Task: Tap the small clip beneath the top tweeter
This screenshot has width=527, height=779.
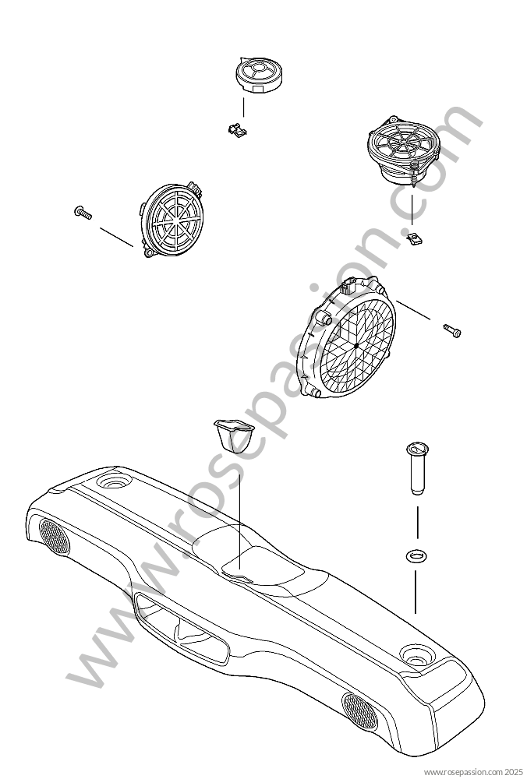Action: [x=237, y=131]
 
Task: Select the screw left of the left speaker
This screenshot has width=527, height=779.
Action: [x=83, y=213]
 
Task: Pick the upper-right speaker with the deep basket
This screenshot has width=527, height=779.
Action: [x=403, y=150]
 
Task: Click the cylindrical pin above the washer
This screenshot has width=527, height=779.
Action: [x=417, y=467]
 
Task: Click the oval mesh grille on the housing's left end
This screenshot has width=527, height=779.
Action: [x=55, y=537]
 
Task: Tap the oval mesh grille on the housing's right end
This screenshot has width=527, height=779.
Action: [x=359, y=711]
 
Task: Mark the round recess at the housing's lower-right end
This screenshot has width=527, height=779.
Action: [x=418, y=654]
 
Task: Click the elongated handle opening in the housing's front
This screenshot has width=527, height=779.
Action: [x=182, y=629]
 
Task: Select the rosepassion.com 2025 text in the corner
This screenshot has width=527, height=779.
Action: [x=472, y=771]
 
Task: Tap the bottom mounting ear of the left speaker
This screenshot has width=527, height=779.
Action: [x=149, y=252]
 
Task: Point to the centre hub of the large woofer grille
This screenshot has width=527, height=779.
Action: [x=356, y=345]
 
